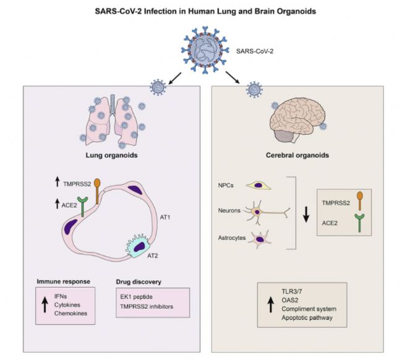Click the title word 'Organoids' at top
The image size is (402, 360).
(x=307, y=10)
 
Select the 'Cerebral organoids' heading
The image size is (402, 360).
(x=301, y=156)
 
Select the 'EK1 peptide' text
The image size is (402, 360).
(x=132, y=298)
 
